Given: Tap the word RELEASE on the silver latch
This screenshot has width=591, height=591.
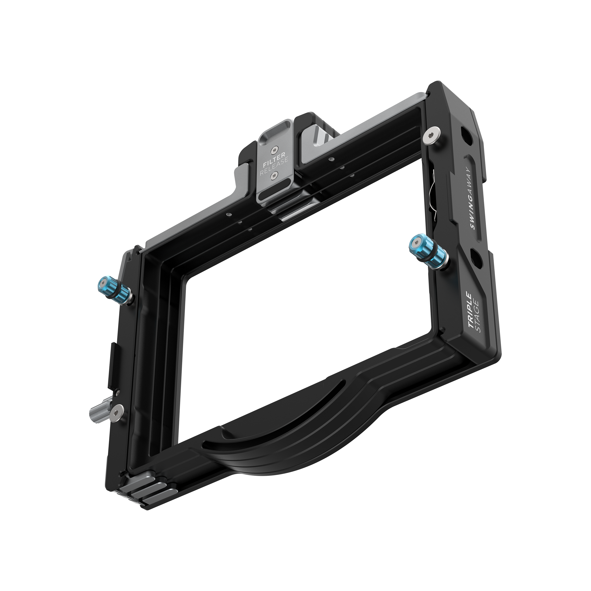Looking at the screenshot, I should click(274, 167).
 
